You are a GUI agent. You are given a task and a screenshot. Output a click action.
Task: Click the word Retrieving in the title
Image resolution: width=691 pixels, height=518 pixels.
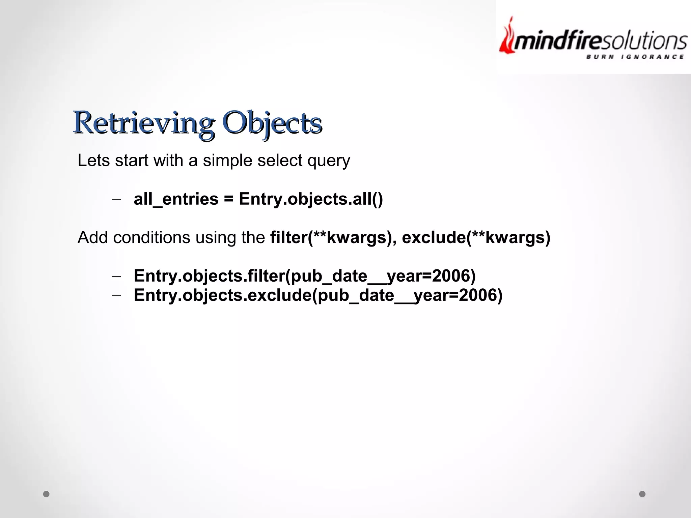(x=143, y=123)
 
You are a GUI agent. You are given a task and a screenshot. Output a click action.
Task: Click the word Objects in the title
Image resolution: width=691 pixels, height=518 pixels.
(x=272, y=123)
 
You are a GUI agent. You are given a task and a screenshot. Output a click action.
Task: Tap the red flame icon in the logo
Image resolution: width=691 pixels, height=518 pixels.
(x=507, y=37)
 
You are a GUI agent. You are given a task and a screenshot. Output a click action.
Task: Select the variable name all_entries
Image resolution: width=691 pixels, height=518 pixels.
(x=176, y=199)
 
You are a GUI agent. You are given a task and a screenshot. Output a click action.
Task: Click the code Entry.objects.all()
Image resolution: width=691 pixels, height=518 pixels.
(x=311, y=199)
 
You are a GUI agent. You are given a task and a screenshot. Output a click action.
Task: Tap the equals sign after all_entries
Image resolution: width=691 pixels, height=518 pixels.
(x=228, y=199)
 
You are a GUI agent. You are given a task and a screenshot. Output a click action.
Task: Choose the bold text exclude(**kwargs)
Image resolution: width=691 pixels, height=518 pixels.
(x=476, y=237)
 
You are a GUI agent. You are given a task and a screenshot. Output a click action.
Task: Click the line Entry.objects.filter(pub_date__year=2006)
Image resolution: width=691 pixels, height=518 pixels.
(x=304, y=276)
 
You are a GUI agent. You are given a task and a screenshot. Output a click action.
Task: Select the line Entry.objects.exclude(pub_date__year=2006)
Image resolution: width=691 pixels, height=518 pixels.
(x=318, y=295)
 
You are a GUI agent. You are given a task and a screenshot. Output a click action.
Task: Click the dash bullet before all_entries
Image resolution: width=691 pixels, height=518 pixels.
(x=116, y=199)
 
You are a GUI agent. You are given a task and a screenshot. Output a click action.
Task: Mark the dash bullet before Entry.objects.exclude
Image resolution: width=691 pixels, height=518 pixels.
(x=116, y=295)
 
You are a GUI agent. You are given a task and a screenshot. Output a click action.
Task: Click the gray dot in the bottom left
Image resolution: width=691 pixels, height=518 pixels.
(x=46, y=494)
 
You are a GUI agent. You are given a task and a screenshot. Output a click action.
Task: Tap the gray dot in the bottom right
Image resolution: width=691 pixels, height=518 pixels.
(x=642, y=494)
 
